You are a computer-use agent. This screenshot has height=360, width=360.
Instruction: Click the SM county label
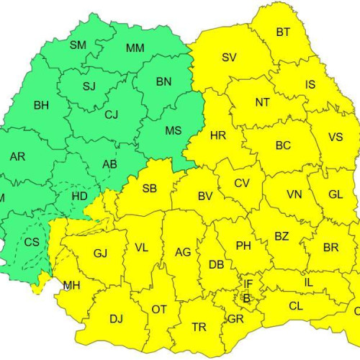click(78, 45)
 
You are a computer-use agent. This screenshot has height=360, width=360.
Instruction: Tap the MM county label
click(135, 48)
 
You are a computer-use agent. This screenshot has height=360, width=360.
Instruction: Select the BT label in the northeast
click(284, 32)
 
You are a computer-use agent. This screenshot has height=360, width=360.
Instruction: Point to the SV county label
click(229, 58)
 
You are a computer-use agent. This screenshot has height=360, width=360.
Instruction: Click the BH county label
click(41, 105)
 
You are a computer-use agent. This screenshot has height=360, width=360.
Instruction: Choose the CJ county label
click(111, 114)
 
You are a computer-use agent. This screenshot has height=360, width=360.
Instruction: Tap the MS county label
click(174, 130)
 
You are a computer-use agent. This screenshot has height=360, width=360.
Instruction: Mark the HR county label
click(218, 135)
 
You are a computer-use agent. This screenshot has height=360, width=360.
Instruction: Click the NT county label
click(262, 102)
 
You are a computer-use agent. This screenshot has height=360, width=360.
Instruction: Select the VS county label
click(336, 137)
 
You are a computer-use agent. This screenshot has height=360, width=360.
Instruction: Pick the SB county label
click(150, 189)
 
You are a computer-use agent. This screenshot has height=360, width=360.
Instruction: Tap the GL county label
click(336, 194)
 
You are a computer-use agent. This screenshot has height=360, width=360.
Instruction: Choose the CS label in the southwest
click(32, 242)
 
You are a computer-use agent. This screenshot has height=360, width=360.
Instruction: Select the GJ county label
click(100, 253)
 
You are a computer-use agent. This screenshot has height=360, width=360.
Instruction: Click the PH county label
click(243, 246)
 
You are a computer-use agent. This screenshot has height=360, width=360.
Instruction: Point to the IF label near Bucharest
click(248, 284)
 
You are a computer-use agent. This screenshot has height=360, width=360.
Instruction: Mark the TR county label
click(199, 327)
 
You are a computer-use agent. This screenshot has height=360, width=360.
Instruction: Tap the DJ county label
click(116, 318)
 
